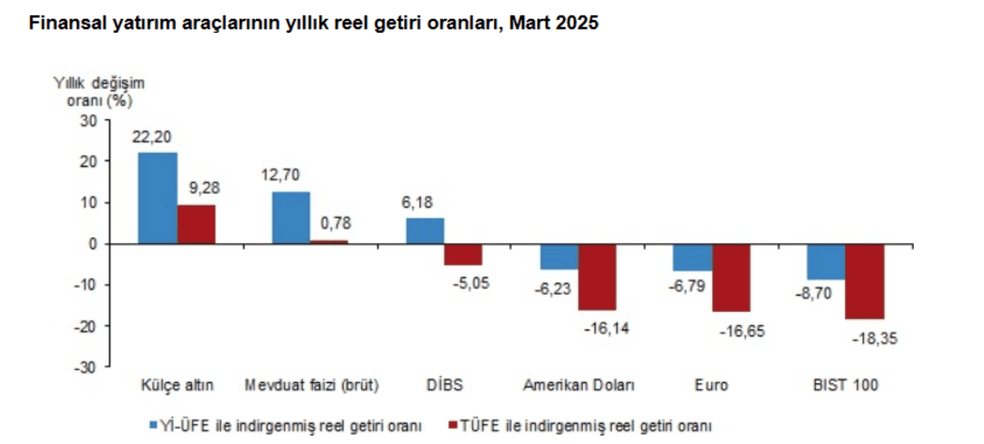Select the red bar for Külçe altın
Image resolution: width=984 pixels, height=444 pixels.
click(196, 224)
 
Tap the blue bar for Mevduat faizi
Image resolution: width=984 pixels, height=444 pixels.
click(291, 218)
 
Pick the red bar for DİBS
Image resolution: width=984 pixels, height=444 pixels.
click(463, 255)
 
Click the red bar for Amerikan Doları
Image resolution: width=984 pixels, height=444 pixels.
click(597, 277)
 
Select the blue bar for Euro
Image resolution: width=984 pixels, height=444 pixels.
click(693, 257)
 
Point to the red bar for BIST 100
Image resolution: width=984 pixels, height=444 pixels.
click(865, 281)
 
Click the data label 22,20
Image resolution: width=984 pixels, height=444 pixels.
click(151, 137)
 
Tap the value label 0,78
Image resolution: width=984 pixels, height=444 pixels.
click(335, 223)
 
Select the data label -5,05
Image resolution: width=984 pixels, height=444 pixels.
click(471, 283)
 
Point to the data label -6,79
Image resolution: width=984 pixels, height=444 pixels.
click(687, 286)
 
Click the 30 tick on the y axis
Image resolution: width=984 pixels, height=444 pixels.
click(88, 121)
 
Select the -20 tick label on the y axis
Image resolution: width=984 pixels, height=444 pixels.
click(85, 326)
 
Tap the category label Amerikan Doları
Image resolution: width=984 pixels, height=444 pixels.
click(578, 385)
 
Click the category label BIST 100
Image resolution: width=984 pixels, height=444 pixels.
click(845, 385)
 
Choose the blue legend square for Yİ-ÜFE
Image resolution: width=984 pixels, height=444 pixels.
click(153, 425)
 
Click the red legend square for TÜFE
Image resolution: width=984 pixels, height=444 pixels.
click(453, 425)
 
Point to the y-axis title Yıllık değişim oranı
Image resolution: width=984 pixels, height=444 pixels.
click(99, 92)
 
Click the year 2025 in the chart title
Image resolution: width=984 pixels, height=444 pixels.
click(577, 23)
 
